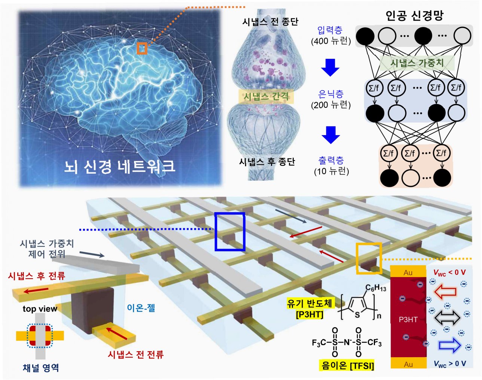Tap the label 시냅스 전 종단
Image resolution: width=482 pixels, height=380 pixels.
click(x=270, y=22)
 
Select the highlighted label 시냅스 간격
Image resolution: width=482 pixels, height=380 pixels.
click(x=266, y=97)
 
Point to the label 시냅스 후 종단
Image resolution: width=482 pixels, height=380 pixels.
click(x=267, y=162)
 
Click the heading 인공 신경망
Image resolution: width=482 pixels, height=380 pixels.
click(x=414, y=15)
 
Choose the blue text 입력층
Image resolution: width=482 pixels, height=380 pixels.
click(x=330, y=30)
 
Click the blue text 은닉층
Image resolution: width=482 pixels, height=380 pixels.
click(x=331, y=94)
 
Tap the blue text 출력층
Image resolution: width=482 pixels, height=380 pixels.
click(x=331, y=161)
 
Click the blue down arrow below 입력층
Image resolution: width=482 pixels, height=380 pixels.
click(x=330, y=67)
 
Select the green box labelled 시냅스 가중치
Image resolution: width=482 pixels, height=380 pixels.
click(x=417, y=63)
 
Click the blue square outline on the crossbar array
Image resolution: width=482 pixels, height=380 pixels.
click(x=230, y=231)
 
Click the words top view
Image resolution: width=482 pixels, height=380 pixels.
click(x=40, y=309)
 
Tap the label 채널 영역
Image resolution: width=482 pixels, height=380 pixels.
click(x=41, y=368)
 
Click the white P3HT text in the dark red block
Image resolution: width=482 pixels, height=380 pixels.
click(x=408, y=319)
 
